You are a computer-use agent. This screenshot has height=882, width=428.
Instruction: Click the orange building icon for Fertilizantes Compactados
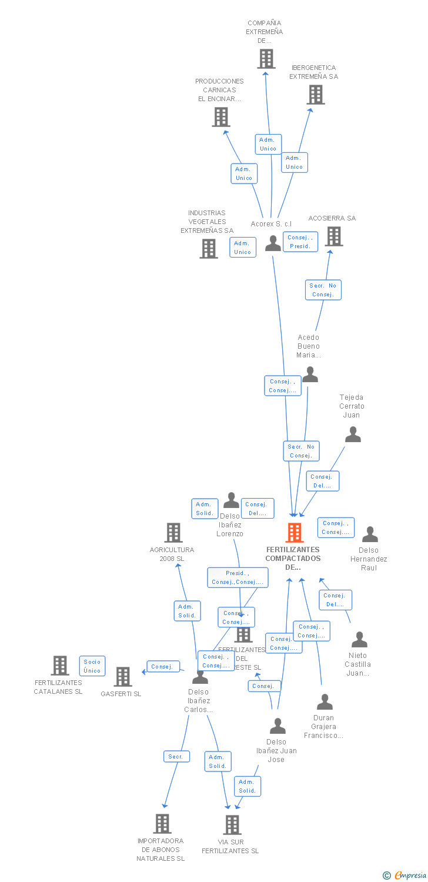click(x=295, y=533)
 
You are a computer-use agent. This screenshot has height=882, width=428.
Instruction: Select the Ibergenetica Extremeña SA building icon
click(x=316, y=95)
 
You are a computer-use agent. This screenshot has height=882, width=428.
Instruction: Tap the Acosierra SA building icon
click(x=334, y=236)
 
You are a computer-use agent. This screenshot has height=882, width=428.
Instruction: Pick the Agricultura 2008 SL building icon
click(x=173, y=533)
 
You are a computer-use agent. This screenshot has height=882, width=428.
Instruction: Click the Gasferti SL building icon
click(x=123, y=677)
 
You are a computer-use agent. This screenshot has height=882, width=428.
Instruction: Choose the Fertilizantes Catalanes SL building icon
click(x=60, y=666)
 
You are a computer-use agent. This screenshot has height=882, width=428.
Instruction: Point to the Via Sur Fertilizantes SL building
click(x=232, y=824)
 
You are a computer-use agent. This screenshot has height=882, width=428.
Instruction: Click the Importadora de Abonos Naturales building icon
click(x=162, y=824)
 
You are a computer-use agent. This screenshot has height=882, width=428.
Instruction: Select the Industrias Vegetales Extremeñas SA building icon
click(x=209, y=249)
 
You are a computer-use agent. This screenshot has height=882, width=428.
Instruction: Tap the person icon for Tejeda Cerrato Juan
click(x=353, y=435)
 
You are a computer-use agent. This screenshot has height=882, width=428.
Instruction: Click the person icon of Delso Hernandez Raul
click(x=370, y=534)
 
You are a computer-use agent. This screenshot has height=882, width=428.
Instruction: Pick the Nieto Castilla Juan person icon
click(x=359, y=639)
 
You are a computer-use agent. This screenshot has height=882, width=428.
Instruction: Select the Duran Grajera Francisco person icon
click(x=325, y=701)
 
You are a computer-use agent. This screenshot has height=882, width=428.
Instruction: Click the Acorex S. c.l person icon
click(x=273, y=243)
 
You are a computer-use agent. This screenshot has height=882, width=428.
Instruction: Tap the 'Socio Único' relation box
click(x=92, y=666)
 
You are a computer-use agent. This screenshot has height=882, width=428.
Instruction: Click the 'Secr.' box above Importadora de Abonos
click(x=176, y=757)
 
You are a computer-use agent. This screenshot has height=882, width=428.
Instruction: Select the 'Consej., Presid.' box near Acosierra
click(x=300, y=242)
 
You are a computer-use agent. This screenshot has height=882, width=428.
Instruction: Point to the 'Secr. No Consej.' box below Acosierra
click(x=323, y=290)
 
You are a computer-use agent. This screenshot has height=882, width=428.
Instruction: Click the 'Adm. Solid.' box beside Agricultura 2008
click(x=188, y=611)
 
